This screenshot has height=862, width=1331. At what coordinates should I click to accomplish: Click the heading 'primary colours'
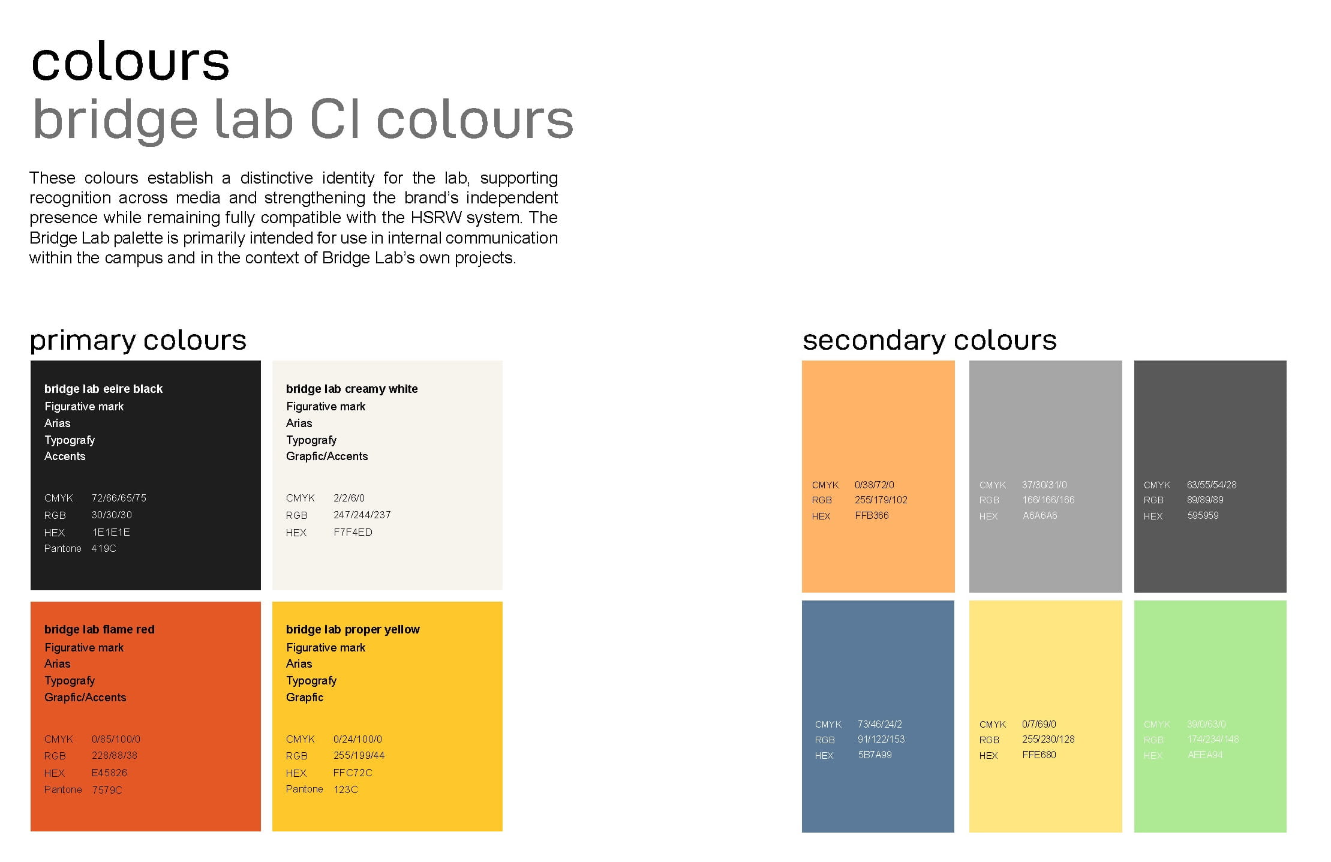(x=138, y=340)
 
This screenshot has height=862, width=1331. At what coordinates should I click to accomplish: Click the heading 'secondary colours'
(x=929, y=340)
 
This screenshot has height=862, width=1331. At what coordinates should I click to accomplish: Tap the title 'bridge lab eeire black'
(x=103, y=389)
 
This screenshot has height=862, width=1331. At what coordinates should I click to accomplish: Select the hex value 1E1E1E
(x=110, y=532)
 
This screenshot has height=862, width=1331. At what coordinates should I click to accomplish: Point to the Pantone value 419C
(x=104, y=548)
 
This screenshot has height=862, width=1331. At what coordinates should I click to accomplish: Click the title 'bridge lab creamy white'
(x=351, y=389)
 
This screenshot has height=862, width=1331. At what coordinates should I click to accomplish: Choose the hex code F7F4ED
(x=353, y=532)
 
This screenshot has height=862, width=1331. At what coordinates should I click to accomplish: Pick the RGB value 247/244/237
(x=362, y=515)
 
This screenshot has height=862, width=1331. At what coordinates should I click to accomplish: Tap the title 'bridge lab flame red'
(x=99, y=629)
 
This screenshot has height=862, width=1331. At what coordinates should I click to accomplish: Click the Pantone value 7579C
(x=107, y=790)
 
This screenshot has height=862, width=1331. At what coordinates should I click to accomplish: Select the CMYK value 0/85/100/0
(x=116, y=739)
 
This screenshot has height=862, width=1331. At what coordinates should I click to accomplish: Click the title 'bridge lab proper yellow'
(x=353, y=629)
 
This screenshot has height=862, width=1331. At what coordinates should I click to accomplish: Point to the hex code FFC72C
(x=353, y=773)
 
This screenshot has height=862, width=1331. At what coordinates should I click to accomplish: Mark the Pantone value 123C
(x=345, y=789)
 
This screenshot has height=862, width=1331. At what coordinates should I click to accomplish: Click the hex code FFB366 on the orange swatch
(x=872, y=515)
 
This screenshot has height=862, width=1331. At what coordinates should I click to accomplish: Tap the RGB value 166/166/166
(x=1048, y=500)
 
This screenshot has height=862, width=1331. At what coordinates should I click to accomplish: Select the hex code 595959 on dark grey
(x=1203, y=515)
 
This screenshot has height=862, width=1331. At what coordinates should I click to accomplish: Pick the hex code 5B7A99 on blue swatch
(x=875, y=755)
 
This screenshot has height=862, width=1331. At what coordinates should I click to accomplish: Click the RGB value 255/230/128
(x=1048, y=739)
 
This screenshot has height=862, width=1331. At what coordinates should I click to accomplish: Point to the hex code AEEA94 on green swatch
(x=1204, y=755)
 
